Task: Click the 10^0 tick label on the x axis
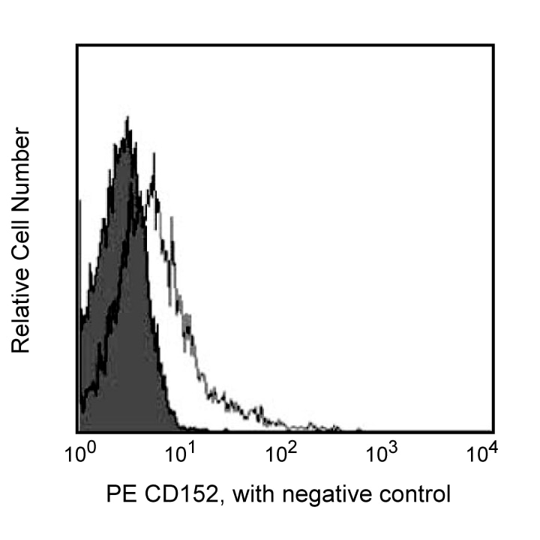click(78, 454)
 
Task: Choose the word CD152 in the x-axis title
click(169, 494)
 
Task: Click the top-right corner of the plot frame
click(493, 45)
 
